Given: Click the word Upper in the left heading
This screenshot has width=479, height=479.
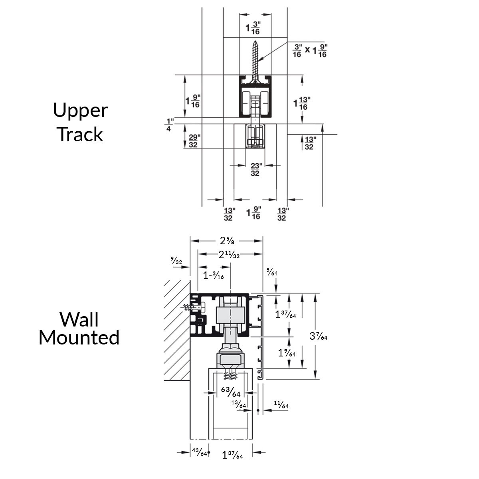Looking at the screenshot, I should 80,111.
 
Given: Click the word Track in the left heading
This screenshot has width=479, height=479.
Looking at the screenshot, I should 80,135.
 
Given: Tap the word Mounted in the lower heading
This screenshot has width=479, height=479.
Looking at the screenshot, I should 79,337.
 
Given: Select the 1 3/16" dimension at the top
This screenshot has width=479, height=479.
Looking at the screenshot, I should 253,28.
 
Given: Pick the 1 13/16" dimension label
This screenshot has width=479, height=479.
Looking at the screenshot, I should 303,103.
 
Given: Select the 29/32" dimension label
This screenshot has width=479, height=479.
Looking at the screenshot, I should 193,141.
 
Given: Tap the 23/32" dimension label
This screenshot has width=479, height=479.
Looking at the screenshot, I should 255,169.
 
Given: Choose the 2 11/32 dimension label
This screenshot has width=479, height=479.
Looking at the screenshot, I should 229,255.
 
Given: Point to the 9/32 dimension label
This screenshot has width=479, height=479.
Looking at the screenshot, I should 176,261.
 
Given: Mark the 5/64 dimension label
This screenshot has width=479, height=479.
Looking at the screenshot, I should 272,273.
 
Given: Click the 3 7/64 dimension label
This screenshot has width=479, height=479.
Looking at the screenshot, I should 318,336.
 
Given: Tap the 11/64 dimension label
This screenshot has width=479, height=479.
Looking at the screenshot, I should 281,406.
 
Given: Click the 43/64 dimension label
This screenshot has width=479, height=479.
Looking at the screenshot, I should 199,452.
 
